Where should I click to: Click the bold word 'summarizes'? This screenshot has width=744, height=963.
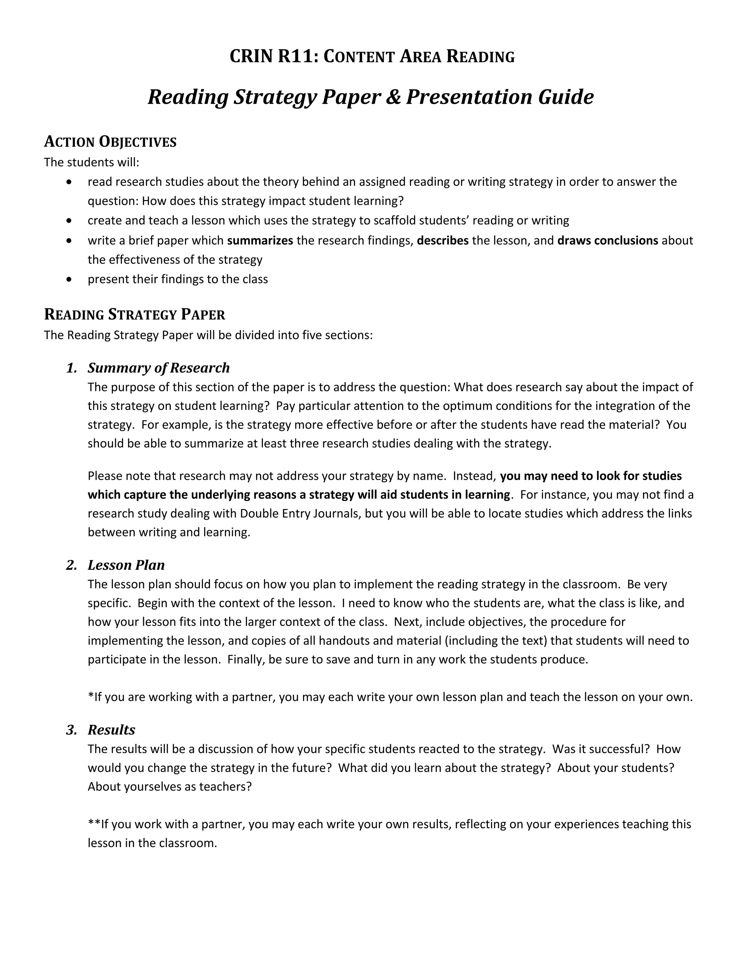click(260, 240)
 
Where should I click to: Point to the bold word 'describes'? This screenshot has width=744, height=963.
click(442, 240)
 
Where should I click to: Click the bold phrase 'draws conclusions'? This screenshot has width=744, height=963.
click(607, 240)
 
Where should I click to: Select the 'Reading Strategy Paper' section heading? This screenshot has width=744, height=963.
click(134, 314)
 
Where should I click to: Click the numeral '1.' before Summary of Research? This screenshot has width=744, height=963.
click(72, 368)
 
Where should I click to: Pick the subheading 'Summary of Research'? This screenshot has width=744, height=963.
click(159, 368)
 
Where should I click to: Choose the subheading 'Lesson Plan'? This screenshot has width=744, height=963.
click(126, 565)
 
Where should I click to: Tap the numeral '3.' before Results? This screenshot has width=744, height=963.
click(72, 730)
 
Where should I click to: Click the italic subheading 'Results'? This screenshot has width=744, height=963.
click(111, 730)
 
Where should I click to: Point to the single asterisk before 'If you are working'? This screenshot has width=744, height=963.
click(91, 696)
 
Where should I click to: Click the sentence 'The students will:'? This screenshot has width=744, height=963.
click(92, 162)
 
